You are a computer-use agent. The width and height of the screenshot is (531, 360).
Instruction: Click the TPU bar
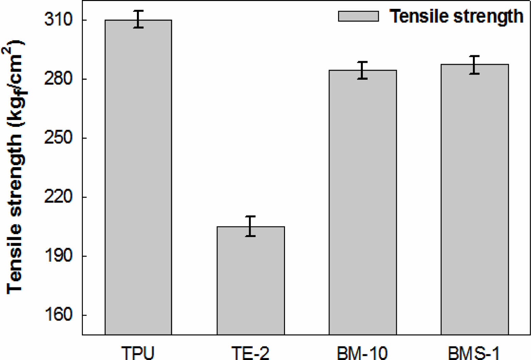click(x=138, y=177)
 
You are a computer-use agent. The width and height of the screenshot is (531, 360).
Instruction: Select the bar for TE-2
click(x=251, y=280)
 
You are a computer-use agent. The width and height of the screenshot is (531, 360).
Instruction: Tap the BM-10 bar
click(x=362, y=202)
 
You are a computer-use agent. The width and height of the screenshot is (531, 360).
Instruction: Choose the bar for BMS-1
click(x=475, y=199)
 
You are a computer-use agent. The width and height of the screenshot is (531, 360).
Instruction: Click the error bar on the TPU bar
click(x=138, y=19)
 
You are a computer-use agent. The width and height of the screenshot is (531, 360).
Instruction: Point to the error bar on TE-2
click(x=250, y=226)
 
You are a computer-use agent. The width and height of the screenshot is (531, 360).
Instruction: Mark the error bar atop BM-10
click(x=362, y=70)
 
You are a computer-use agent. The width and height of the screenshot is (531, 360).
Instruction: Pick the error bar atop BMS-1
click(x=474, y=65)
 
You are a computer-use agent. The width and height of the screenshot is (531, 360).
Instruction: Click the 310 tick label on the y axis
click(x=58, y=19)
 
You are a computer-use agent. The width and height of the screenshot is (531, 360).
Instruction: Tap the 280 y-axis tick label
click(x=58, y=79)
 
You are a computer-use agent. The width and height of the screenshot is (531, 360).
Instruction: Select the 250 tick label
click(x=58, y=138)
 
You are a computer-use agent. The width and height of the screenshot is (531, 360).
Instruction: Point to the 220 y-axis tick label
click(x=58, y=197)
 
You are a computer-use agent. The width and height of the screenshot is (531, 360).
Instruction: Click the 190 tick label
click(x=58, y=256)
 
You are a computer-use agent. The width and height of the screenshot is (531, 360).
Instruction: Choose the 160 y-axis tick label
click(x=58, y=315)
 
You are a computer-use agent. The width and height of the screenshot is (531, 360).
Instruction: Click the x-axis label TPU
click(x=138, y=353)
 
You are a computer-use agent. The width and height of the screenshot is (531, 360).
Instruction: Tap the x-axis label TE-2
click(x=250, y=353)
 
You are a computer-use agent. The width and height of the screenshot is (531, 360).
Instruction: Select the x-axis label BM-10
click(x=362, y=353)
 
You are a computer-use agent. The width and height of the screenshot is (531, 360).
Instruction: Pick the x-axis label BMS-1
click(x=474, y=353)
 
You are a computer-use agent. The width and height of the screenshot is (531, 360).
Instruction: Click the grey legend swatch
click(x=358, y=16)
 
